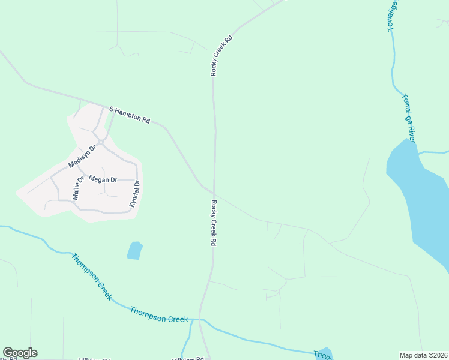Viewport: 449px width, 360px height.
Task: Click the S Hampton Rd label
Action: [x=129, y=115]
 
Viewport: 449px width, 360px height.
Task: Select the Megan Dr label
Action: [x=103, y=179]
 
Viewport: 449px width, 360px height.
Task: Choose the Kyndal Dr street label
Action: [x=134, y=194]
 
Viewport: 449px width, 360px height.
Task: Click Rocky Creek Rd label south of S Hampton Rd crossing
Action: [x=212, y=223]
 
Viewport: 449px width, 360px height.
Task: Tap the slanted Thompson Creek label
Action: [x=91, y=277]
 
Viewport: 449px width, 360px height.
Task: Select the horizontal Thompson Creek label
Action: [x=159, y=314]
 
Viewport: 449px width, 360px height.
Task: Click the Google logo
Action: [x=20, y=353]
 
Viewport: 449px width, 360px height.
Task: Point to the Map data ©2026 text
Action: [x=423, y=355]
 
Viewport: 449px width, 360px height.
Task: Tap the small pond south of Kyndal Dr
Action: [x=135, y=250]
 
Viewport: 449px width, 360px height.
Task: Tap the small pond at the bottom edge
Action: [x=324, y=353]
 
